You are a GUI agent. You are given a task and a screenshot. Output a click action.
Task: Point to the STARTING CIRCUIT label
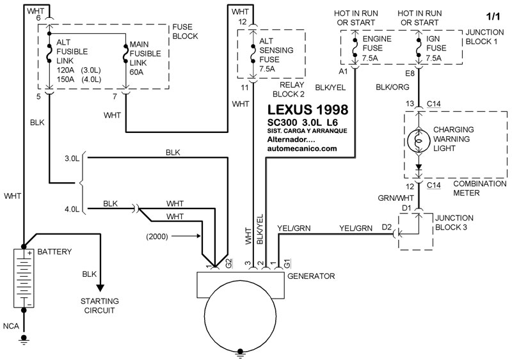pyautogui.click(x=99, y=305)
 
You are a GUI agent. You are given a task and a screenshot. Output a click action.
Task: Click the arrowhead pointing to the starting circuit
pyautogui.click(x=99, y=286)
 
